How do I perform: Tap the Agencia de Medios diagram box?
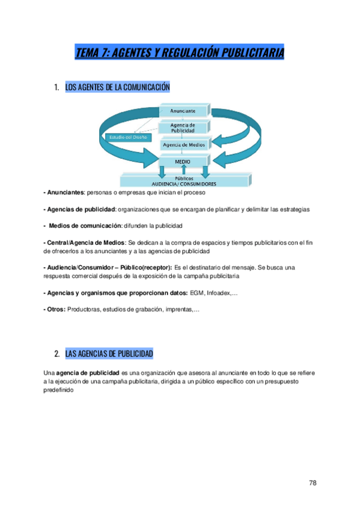point(184,144)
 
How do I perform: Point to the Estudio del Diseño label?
point(125,137)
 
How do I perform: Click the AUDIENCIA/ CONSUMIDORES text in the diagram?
point(183,183)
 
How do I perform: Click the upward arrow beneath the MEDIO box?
point(184,171)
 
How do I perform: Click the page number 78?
point(313,483)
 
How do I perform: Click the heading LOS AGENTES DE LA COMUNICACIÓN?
point(117,88)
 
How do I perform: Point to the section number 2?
point(56,353)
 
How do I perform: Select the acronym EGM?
point(196,292)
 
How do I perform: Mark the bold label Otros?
point(55,309)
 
